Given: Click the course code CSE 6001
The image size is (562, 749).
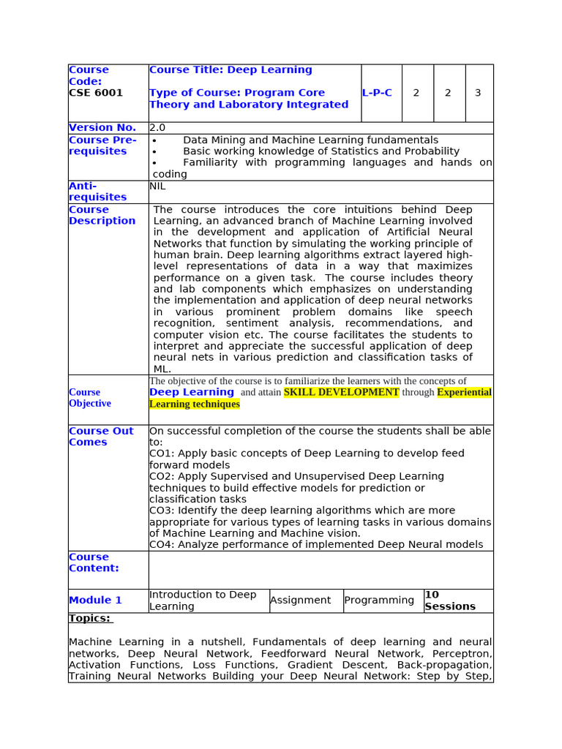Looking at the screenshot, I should click(96, 93).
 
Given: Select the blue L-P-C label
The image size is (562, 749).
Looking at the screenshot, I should click(377, 93).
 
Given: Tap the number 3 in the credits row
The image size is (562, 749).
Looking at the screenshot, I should click(478, 93).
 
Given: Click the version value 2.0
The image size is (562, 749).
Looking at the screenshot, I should click(157, 128).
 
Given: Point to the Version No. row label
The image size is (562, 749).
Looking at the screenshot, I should click(102, 128).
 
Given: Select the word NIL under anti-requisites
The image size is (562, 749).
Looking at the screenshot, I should click(157, 187).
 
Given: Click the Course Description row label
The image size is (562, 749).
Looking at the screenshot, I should click(102, 215).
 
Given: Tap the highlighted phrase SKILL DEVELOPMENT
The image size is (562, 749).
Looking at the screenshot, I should click(341, 392).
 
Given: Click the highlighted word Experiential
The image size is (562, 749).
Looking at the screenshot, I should click(464, 392).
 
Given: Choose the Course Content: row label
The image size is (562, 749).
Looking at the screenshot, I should click(94, 562).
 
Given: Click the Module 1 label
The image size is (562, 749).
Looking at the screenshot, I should click(95, 601).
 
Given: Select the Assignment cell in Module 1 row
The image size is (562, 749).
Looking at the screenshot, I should click(300, 601).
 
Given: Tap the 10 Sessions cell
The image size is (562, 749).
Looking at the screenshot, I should click(450, 601).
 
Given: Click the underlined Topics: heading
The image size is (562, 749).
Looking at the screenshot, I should click(90, 619).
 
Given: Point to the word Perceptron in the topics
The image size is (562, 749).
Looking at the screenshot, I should click(461, 653).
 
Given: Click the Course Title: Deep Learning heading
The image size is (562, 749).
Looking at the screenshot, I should click(231, 70).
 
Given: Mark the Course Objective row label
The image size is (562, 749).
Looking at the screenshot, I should click(90, 398).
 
